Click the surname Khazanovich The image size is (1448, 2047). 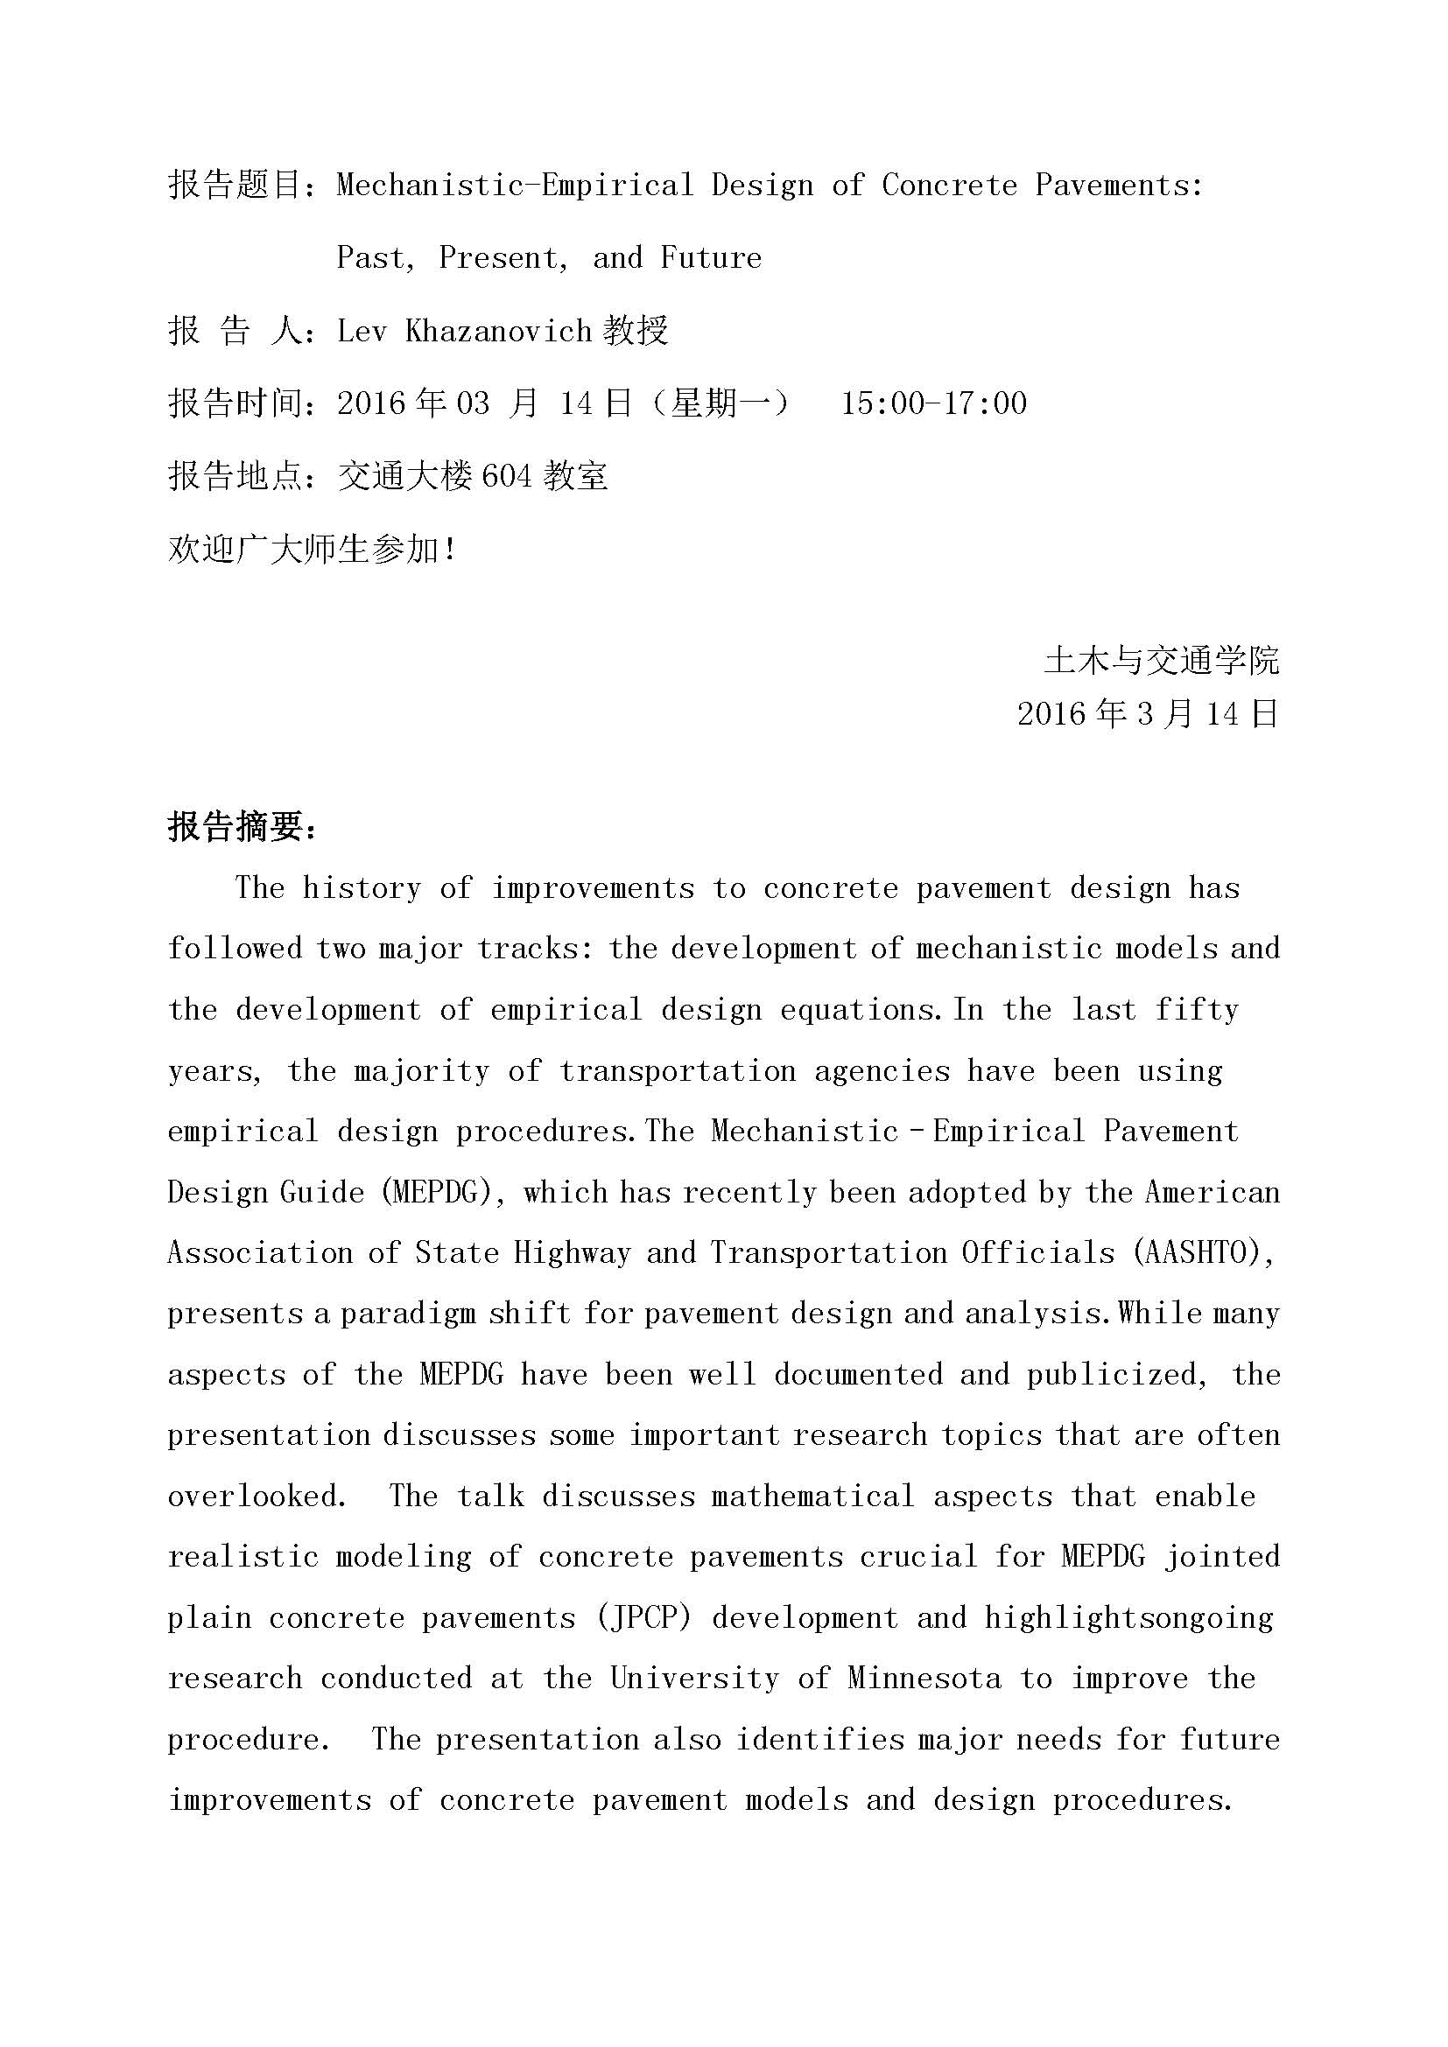click(498, 332)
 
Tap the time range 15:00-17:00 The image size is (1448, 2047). click(933, 403)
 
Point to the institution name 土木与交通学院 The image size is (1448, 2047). click(1162, 661)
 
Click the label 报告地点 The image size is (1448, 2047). click(235, 477)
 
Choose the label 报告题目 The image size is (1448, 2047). click(235, 186)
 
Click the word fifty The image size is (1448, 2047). click(1197, 1010)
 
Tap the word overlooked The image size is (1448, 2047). click(256, 1496)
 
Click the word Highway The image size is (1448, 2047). click(573, 1252)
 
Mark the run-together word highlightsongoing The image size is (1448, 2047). click(1128, 1618)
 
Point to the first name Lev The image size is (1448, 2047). click(361, 332)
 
